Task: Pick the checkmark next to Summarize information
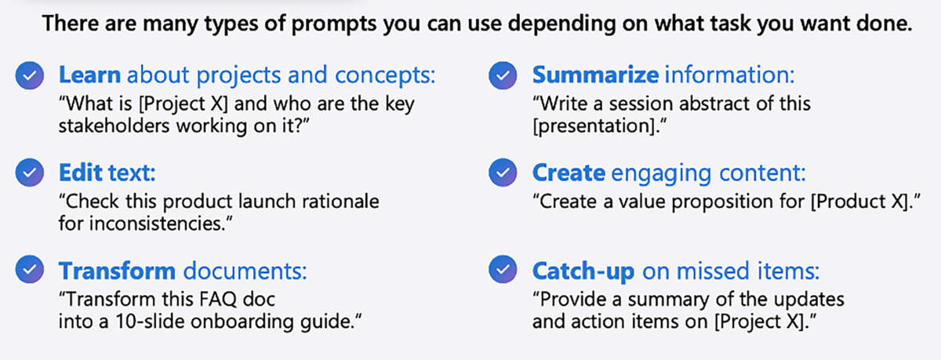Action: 503,76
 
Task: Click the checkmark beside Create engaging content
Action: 503,173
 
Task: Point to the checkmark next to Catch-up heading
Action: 503,271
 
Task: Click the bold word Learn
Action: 89,76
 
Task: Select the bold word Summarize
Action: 595,76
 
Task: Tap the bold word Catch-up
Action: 583,271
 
